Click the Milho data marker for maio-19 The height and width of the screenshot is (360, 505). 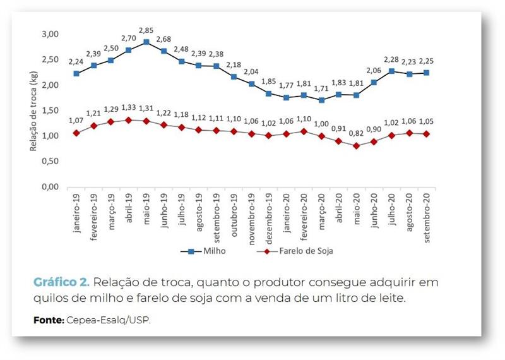click(146, 42)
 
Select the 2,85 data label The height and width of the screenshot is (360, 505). click(146, 30)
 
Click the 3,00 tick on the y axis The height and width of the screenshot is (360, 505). click(50, 34)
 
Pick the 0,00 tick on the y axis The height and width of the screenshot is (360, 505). click(50, 188)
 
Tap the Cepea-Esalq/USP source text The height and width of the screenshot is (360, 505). click(109, 320)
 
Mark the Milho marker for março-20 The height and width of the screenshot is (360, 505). click(322, 100)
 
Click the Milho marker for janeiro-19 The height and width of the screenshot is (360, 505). click(76, 73)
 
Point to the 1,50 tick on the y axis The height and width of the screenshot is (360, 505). click(50, 111)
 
